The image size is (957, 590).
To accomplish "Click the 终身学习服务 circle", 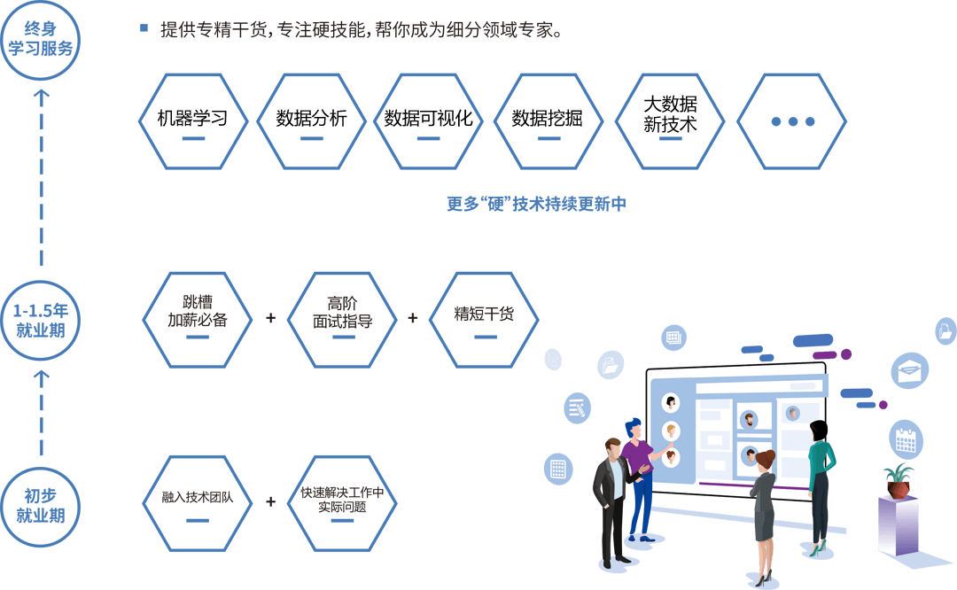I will (41, 41).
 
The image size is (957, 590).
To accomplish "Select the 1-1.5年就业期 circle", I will (41, 321).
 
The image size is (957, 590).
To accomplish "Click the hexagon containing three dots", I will (792, 121).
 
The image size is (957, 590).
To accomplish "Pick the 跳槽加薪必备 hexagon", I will (198, 320).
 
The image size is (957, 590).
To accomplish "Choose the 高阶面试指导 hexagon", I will (342, 320).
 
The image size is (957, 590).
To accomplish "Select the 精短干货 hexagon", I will (484, 320).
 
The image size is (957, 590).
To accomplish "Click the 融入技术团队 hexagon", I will (198, 502).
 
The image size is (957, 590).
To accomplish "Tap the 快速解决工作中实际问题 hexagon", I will (342, 502).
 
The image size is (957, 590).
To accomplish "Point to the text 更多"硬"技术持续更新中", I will (536, 204).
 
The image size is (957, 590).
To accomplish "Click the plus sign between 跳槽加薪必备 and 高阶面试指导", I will (270, 317).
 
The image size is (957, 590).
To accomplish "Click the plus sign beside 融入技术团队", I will (270, 501).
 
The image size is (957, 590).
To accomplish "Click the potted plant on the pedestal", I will (899, 479).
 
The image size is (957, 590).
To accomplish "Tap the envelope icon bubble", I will (912, 370).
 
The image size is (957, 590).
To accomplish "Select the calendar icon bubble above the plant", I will (906, 438).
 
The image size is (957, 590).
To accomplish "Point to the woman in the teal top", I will (820, 478).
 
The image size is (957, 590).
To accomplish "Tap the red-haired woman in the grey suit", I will (764, 509).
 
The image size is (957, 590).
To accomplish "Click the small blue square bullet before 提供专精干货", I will (144, 28).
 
